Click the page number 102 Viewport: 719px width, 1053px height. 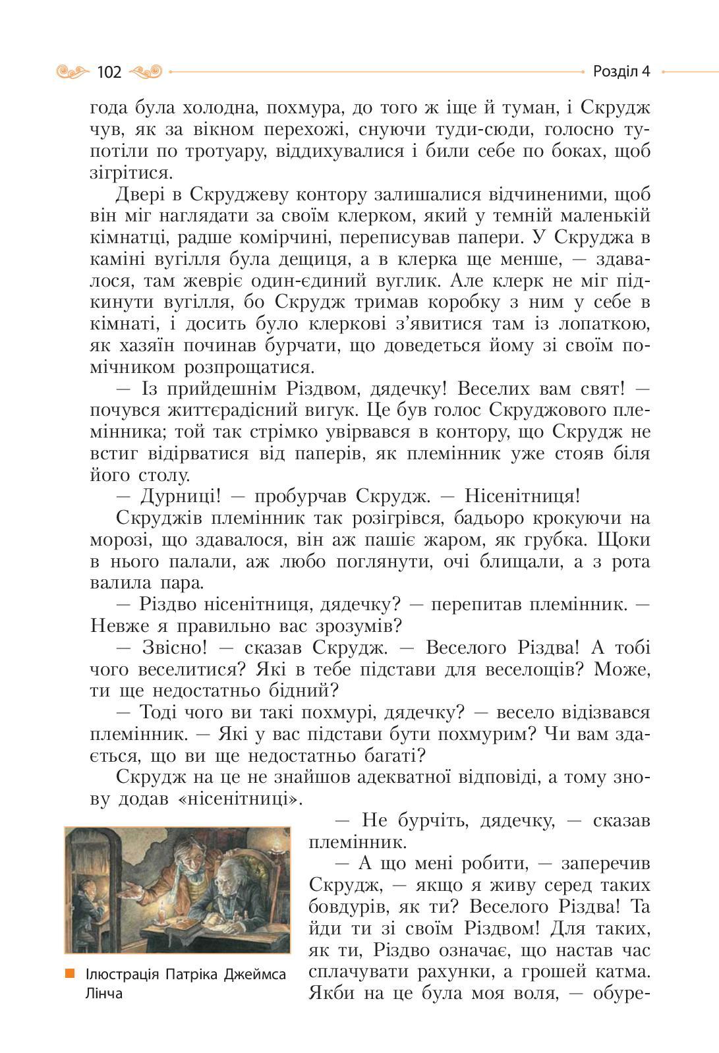pyautogui.click(x=109, y=72)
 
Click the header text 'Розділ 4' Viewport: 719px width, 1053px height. pyautogui.click(x=621, y=71)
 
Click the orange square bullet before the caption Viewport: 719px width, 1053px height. pyautogui.click(x=69, y=973)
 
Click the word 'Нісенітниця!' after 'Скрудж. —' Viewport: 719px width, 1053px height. pyautogui.click(x=522, y=497)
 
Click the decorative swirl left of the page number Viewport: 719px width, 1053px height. pyautogui.click(x=72, y=71)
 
